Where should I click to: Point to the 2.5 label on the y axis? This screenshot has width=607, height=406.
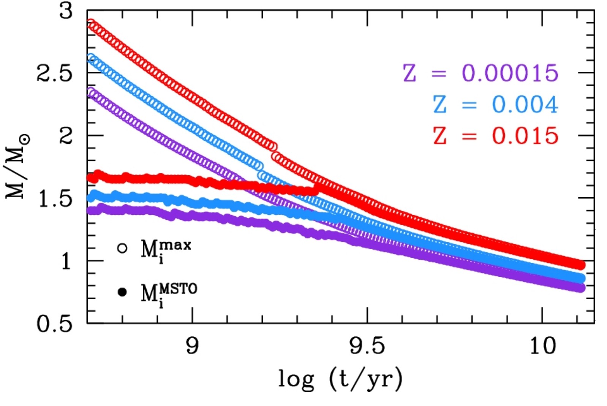tap(54, 73)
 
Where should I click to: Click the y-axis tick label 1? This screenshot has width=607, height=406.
tap(66, 261)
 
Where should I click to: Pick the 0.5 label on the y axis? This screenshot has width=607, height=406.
tap(54, 324)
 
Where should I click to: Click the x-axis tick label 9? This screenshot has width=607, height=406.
tap(192, 346)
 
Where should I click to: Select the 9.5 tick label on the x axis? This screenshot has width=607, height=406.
tap(367, 346)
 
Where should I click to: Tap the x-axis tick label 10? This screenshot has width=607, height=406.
tap(542, 346)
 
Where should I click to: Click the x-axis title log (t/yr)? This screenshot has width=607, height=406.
tap(340, 379)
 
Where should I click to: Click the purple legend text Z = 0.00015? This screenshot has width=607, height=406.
tap(480, 73)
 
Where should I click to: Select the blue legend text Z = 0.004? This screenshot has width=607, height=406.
tap(495, 104)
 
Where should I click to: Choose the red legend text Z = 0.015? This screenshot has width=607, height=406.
tap(495, 136)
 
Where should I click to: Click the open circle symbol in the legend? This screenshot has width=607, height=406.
tap(122, 248)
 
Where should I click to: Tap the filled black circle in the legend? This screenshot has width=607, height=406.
tap(122, 292)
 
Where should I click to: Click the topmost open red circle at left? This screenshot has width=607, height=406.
tap(91, 23)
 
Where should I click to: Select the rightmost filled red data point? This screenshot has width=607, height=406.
tap(580, 265)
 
